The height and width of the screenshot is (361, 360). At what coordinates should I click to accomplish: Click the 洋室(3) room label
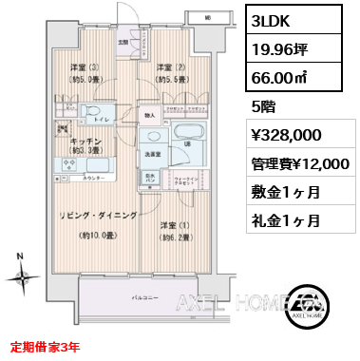pyautogui.click(x=82, y=66)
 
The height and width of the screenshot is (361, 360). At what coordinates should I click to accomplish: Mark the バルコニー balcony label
pyautogui.click(x=146, y=296)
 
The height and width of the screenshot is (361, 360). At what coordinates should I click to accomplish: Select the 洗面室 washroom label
pyautogui.click(x=152, y=152)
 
